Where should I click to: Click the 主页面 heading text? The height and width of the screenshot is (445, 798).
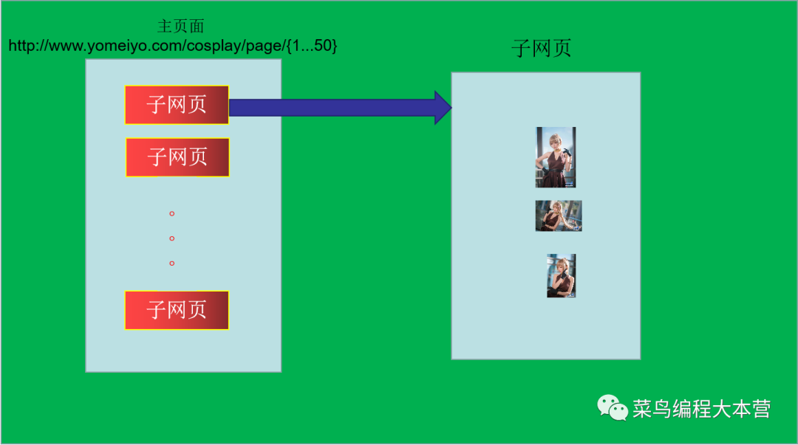click(x=180, y=27)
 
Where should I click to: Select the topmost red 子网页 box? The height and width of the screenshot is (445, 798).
click(x=177, y=105)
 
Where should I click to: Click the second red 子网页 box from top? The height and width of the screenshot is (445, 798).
click(x=177, y=157)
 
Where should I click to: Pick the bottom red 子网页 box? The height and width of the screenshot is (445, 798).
click(x=177, y=310)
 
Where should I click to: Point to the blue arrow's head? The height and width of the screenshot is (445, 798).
click(x=443, y=108)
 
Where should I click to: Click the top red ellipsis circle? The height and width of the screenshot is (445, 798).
click(x=172, y=214)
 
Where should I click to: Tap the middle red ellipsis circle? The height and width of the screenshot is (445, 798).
click(x=172, y=238)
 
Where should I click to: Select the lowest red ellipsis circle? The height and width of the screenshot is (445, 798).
click(x=172, y=263)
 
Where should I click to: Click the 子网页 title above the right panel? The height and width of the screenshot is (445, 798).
click(x=542, y=49)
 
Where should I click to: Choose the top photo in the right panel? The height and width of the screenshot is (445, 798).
click(x=556, y=157)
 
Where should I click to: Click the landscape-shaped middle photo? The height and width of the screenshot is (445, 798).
click(x=559, y=215)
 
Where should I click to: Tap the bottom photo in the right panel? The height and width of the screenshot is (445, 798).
click(x=562, y=276)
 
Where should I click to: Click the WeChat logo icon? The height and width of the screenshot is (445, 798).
click(x=613, y=407)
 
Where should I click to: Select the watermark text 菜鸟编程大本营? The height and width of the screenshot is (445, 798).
click(x=701, y=409)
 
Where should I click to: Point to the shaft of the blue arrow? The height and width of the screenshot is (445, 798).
click(x=332, y=108)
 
